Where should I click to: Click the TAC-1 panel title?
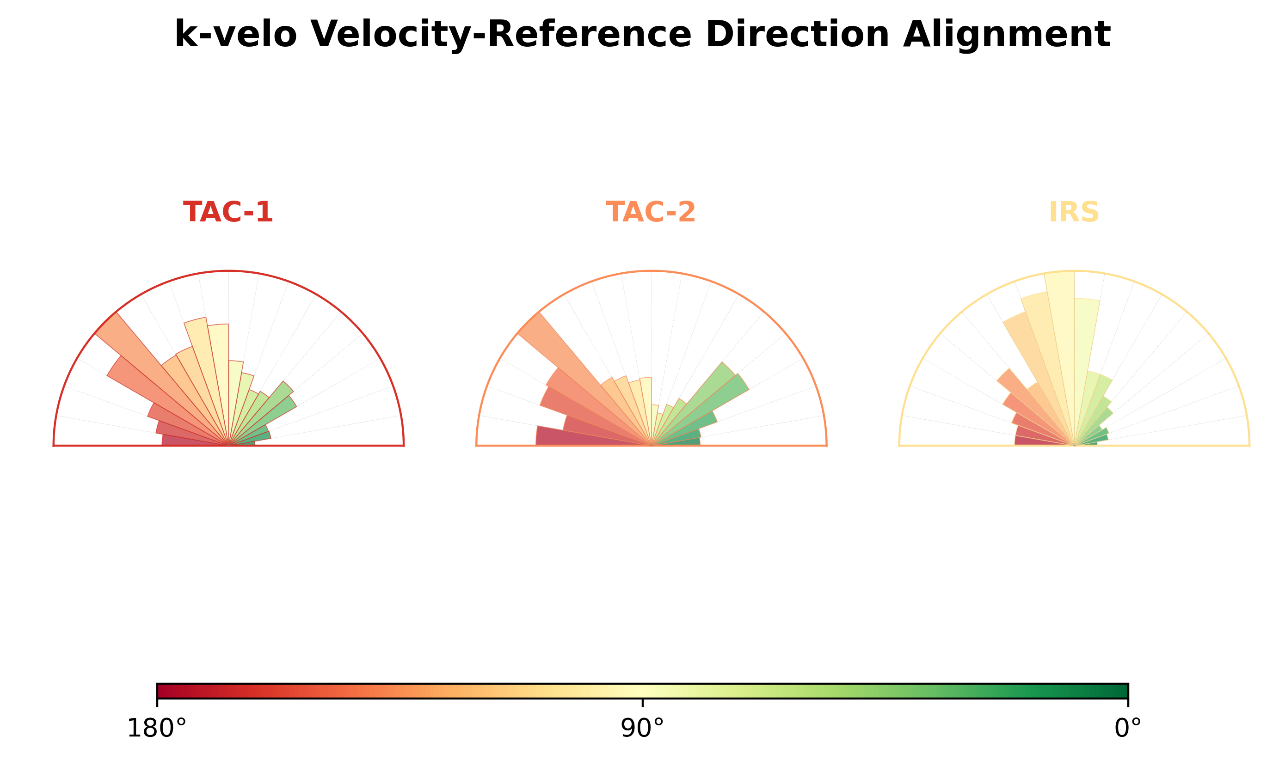[228, 212]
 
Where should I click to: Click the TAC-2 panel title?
[651, 212]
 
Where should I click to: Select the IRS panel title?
[1074, 212]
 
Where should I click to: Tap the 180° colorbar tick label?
[157, 728]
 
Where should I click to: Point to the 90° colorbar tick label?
[642, 728]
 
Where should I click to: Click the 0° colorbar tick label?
[1128, 728]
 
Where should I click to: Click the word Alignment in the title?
[1007, 35]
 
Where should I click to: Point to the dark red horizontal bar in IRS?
[1044, 441]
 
